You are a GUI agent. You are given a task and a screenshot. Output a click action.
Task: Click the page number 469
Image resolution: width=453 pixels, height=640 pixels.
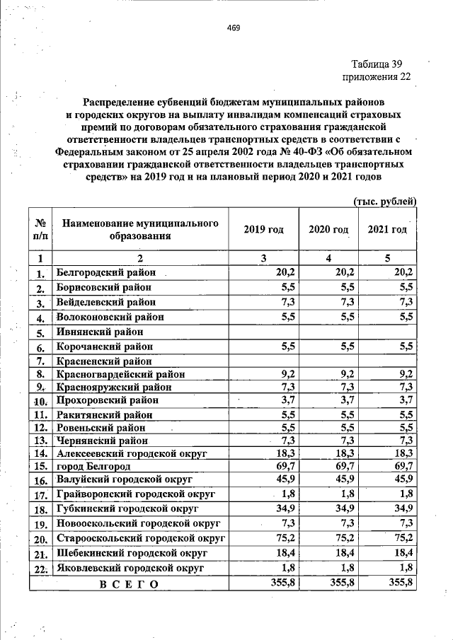[x=234, y=28]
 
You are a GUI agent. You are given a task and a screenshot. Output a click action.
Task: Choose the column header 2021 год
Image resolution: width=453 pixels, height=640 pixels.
[x=387, y=230]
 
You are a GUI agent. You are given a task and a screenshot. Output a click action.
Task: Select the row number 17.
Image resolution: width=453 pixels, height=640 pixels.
[x=41, y=495]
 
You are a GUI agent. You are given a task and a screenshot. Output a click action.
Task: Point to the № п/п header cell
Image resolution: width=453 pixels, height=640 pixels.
[x=41, y=230]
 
